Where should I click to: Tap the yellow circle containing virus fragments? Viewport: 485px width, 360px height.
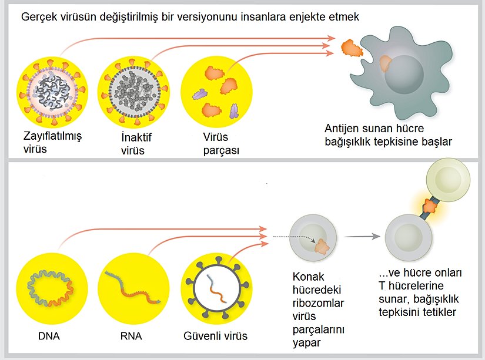coord(218,89)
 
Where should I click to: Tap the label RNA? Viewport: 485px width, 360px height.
coord(130,337)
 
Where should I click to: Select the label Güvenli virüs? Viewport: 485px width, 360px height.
coord(215,337)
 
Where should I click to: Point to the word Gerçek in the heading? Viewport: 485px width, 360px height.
coord(38,16)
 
